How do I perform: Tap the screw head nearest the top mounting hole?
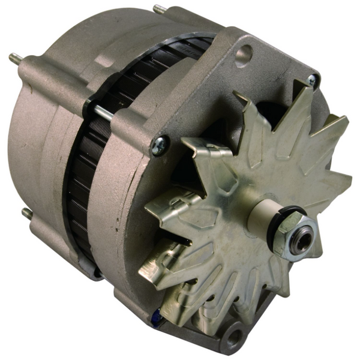click(x=311, y=80)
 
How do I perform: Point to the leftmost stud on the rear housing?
click(x=13, y=58)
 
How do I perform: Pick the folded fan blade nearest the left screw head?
click(x=198, y=153)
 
